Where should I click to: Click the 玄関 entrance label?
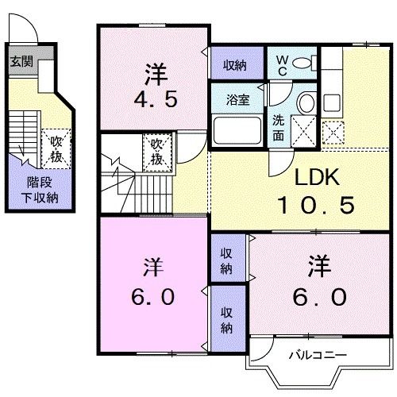[21, 61]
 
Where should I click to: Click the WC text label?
[282, 64]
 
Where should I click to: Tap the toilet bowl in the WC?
[306, 64]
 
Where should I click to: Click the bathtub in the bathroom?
[237, 129]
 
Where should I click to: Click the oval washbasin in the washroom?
[305, 101]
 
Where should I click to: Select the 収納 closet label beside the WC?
[233, 64]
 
